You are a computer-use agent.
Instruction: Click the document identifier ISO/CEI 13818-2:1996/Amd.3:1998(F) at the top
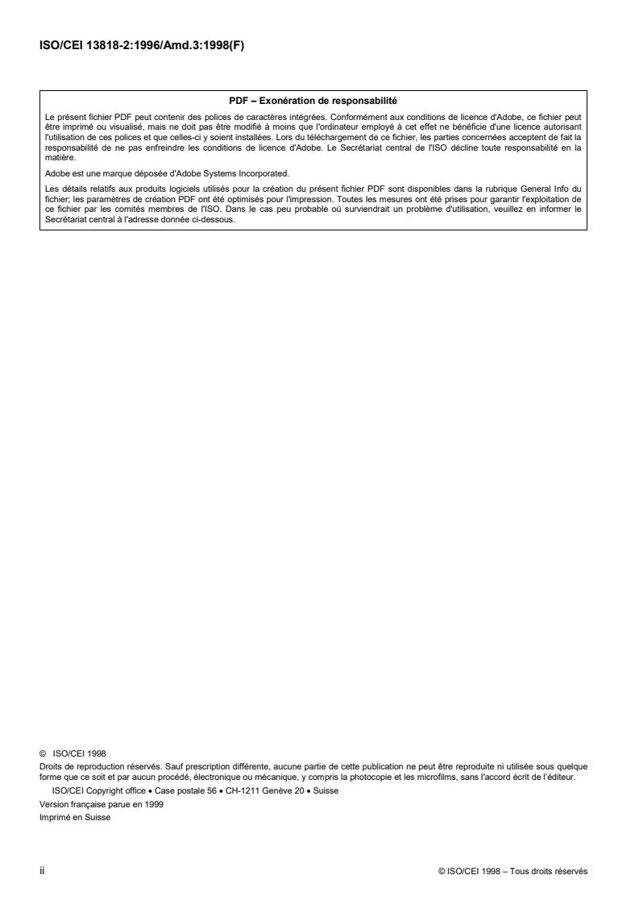tap(141, 45)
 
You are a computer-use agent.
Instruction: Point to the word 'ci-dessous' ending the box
tap(214, 222)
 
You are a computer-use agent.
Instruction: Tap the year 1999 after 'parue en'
tap(154, 804)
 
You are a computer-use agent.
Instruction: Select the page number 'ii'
tap(41, 870)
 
